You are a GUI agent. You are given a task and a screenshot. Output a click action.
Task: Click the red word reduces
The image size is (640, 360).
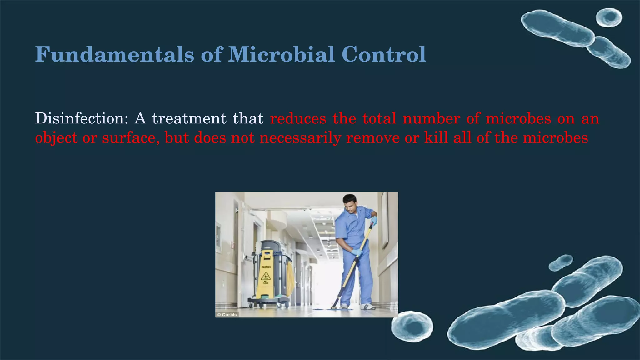point(298,118)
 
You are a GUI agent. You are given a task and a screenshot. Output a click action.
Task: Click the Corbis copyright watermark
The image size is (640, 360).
point(227,315)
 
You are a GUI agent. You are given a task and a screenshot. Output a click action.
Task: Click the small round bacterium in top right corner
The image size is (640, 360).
point(609,17)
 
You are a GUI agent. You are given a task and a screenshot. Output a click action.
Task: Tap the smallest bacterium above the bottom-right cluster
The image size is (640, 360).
point(561,262)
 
